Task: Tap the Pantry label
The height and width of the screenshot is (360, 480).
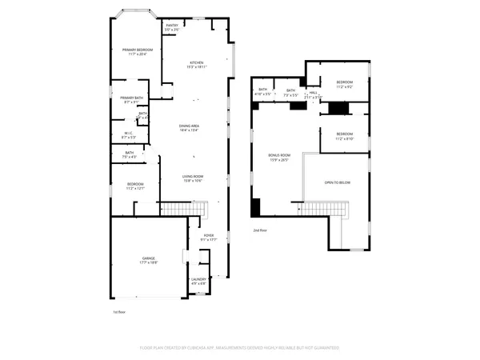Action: (x=172, y=26)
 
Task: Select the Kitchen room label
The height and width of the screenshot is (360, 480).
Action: (x=196, y=63)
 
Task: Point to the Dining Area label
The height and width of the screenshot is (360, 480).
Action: (x=188, y=126)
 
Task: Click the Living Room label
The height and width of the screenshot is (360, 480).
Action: (x=193, y=177)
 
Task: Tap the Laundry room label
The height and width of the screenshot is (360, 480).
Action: (x=198, y=279)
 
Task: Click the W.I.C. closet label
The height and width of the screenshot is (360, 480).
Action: (x=129, y=134)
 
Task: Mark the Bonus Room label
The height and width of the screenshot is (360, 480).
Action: (x=278, y=155)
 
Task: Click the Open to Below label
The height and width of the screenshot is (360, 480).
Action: (x=337, y=182)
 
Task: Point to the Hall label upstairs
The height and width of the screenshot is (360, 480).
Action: (x=314, y=92)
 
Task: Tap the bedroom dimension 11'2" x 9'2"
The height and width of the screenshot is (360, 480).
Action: (x=345, y=86)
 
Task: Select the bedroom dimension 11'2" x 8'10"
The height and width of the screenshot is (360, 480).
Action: (x=345, y=138)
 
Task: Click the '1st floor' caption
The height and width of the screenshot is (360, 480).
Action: (x=119, y=311)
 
